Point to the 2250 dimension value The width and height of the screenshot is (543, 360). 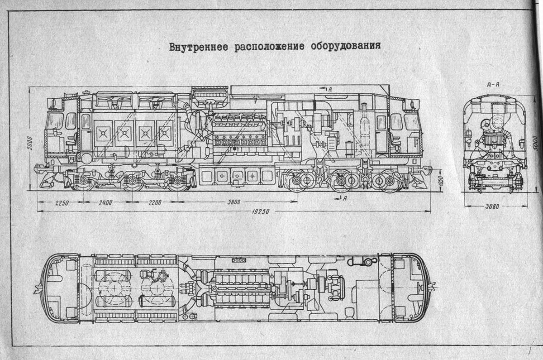coord(59,202)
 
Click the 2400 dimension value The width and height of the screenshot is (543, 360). coord(105,202)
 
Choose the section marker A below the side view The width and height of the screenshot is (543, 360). coord(345,198)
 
